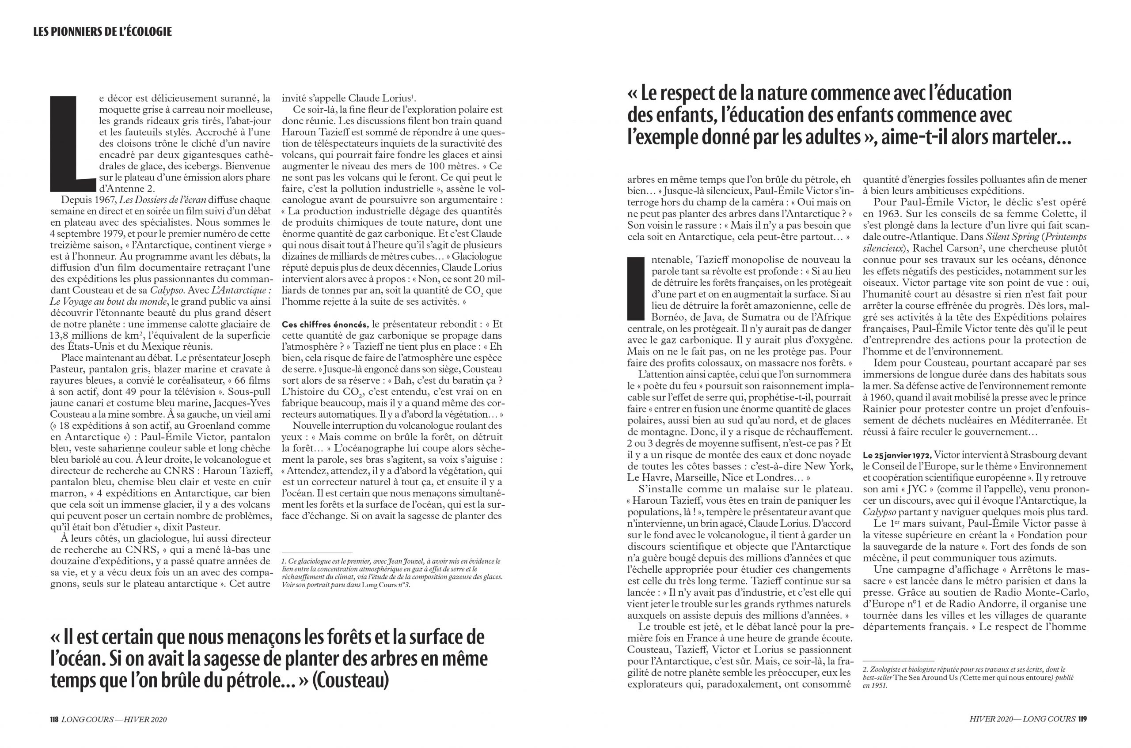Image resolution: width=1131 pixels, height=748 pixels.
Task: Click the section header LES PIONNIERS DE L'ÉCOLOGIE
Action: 102,32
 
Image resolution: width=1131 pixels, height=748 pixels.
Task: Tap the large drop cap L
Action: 66,143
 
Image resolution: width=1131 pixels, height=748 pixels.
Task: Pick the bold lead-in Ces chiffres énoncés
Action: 325,324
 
